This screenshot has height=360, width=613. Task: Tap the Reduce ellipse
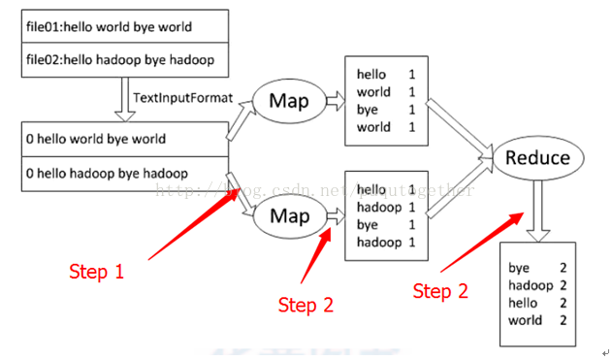coord(537,157)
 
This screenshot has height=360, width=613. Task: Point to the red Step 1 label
coord(96,272)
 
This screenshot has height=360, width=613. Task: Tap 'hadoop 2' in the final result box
coord(536,285)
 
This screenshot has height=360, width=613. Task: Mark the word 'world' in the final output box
coord(525,320)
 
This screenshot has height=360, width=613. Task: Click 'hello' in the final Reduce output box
coord(523,303)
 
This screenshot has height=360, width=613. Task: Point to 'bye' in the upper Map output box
coord(368,110)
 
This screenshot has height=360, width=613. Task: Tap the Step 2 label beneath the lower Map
coord(305,306)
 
